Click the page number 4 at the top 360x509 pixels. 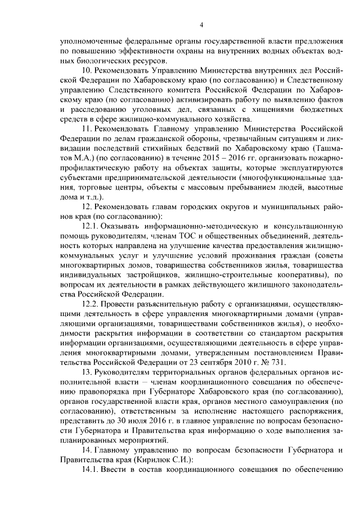[201, 24]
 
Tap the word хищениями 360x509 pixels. [265, 109]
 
